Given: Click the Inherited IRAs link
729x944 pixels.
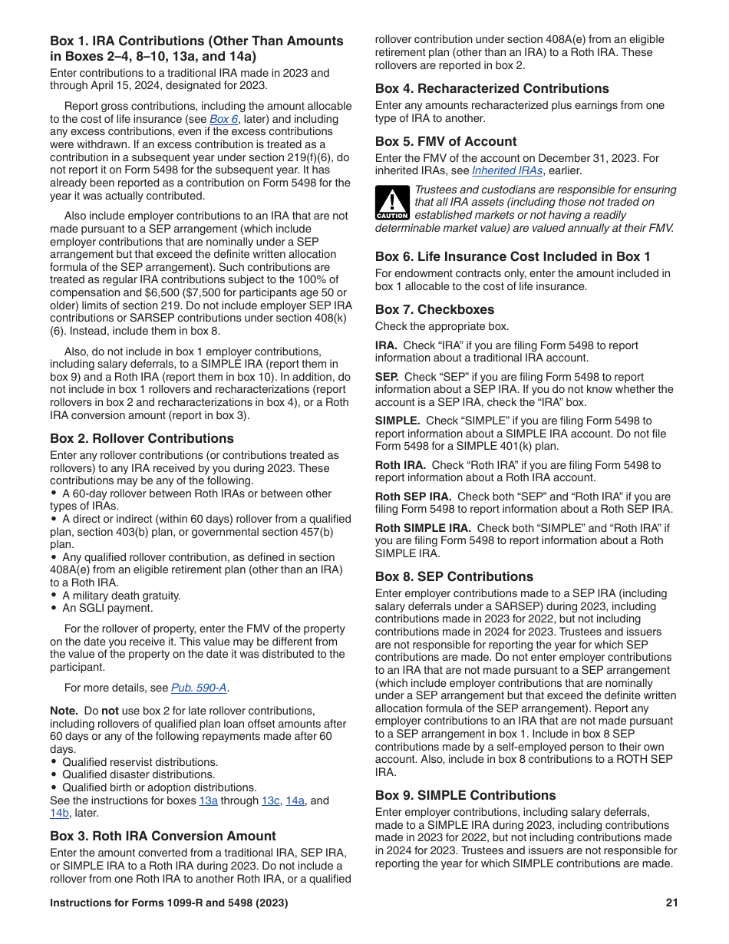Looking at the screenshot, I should click(507, 170).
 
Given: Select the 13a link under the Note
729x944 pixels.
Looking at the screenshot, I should click(208, 800).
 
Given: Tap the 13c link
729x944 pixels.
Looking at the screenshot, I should click(270, 800).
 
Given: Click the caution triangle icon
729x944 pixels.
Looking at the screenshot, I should click(391, 203).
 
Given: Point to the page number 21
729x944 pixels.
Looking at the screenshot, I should click(671, 903).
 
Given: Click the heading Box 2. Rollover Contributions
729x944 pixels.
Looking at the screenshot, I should click(142, 439).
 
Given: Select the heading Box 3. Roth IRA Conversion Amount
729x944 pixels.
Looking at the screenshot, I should click(163, 836).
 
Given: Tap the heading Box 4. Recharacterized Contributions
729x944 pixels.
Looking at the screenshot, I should click(492, 88).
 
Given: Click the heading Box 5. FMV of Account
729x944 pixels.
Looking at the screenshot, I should click(446, 141).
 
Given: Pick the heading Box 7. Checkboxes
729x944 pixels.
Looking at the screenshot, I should click(434, 309).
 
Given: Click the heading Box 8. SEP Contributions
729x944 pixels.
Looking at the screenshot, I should click(454, 576).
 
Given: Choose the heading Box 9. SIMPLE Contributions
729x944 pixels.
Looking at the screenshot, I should click(465, 795).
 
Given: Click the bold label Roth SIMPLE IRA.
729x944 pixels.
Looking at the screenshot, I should click(423, 528).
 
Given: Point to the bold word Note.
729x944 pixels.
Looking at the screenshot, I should click(64, 711).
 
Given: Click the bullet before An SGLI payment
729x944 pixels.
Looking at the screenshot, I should click(54, 609).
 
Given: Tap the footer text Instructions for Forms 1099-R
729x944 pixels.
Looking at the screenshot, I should click(169, 903).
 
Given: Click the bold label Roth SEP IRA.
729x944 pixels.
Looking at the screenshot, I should click(413, 497).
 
